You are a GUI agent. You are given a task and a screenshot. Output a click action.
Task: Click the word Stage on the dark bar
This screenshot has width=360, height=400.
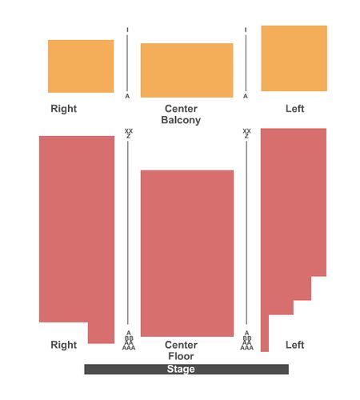coord(181,369)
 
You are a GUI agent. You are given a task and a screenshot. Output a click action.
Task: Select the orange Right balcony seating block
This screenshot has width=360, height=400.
coord(81,66)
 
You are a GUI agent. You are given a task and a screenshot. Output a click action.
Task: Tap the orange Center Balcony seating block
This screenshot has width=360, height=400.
coord(186,70)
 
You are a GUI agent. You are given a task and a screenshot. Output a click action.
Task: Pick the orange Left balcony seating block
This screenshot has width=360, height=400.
coord(294,58)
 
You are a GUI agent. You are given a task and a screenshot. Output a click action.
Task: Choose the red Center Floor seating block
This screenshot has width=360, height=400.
coord(187,254)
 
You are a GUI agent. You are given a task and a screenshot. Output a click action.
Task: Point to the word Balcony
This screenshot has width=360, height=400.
coord(181,120)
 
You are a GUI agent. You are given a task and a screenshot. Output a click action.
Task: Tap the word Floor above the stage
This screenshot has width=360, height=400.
coord(181,356)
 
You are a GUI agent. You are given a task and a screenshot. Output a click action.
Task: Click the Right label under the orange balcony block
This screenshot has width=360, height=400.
coord(64,109)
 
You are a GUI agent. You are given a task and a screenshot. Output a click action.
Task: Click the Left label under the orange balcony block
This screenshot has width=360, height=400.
coord(294,109)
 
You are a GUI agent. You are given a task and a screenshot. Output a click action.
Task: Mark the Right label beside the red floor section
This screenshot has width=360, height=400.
coord(64,345)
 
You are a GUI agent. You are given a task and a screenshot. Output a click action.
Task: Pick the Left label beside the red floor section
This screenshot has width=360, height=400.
coord(294,345)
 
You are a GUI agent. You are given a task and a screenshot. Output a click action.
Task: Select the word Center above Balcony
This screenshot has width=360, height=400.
coord(181,109)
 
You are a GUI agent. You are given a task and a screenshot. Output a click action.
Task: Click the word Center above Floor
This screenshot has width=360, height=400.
coord(181,345)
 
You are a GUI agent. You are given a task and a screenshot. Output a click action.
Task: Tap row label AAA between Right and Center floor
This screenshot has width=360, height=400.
coord(129,348)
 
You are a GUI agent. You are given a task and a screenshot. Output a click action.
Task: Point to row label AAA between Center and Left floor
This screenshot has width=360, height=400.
coord(246,348)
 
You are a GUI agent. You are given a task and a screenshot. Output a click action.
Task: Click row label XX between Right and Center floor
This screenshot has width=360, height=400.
coord(129,131)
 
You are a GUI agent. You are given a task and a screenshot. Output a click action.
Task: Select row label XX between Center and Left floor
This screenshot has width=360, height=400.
coord(246,131)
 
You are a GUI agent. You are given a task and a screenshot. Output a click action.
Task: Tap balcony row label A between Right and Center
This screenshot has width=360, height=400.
coord(127,96)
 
